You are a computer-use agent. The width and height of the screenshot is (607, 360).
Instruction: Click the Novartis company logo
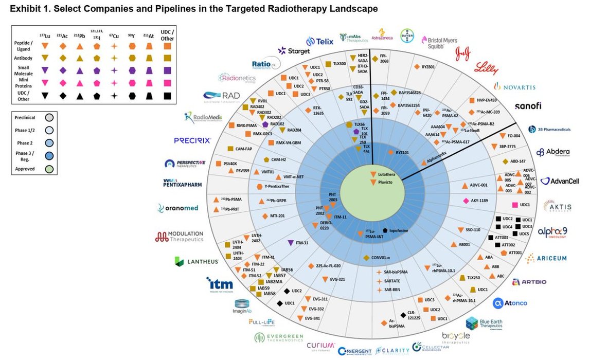pyautogui.click(x=514, y=86)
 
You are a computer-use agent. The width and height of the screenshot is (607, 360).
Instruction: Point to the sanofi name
pyautogui.click(x=531, y=106)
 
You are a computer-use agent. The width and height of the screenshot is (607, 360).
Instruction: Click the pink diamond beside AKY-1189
pyautogui.click(x=466, y=201)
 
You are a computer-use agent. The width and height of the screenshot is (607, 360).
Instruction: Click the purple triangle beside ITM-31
pyautogui.click(x=291, y=243)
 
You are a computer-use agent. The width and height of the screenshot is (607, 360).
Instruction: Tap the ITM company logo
pyautogui.click(x=220, y=284)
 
